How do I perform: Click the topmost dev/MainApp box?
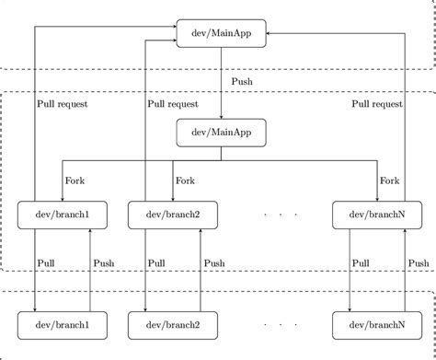point(221,35)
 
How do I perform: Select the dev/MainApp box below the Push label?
point(221,133)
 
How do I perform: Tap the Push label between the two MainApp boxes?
point(241,82)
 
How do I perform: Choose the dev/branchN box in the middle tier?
point(378,215)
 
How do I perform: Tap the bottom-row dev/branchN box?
point(378,324)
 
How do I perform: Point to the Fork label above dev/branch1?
point(75,181)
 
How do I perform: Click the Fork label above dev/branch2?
point(186,181)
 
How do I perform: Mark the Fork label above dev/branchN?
point(390,181)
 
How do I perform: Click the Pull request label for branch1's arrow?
point(63,104)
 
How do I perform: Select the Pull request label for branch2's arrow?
point(173,104)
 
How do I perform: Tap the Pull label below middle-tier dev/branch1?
point(47,263)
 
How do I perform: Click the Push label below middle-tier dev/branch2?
point(214,263)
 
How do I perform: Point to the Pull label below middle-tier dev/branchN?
point(362,263)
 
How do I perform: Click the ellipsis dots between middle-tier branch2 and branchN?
point(281,215)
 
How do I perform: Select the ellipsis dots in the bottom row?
point(281,325)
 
